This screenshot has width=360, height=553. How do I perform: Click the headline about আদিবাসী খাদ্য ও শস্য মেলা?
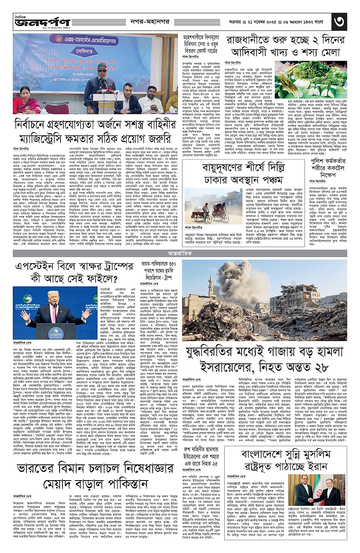point(285,47)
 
